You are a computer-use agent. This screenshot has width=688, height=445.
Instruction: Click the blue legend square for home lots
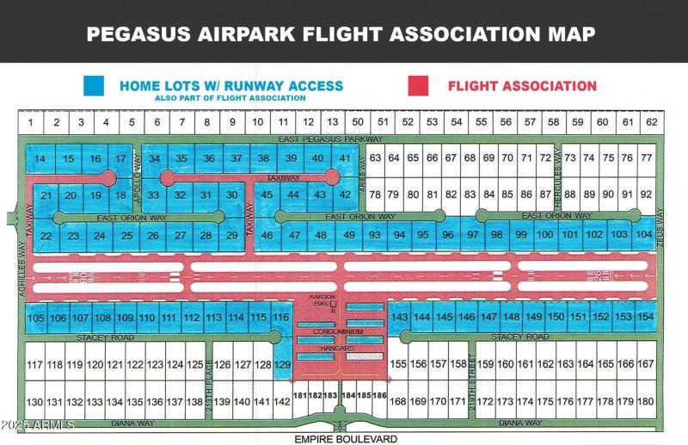(93, 86)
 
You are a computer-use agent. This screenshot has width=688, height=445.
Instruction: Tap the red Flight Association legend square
(418, 86)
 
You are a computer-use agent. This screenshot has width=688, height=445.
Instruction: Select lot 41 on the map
(345, 158)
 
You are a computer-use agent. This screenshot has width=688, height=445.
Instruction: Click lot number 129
(284, 365)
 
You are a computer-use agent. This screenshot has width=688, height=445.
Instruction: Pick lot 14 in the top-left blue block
(40, 159)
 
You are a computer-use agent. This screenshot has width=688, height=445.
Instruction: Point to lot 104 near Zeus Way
(644, 234)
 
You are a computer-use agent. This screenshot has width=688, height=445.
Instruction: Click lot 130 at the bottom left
(34, 402)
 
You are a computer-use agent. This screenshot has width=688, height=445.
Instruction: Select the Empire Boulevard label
(346, 439)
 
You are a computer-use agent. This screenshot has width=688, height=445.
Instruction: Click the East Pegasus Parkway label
(331, 139)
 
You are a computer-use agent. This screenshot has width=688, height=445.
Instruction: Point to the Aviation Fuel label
(322, 300)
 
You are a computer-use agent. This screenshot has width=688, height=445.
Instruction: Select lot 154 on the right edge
(646, 318)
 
